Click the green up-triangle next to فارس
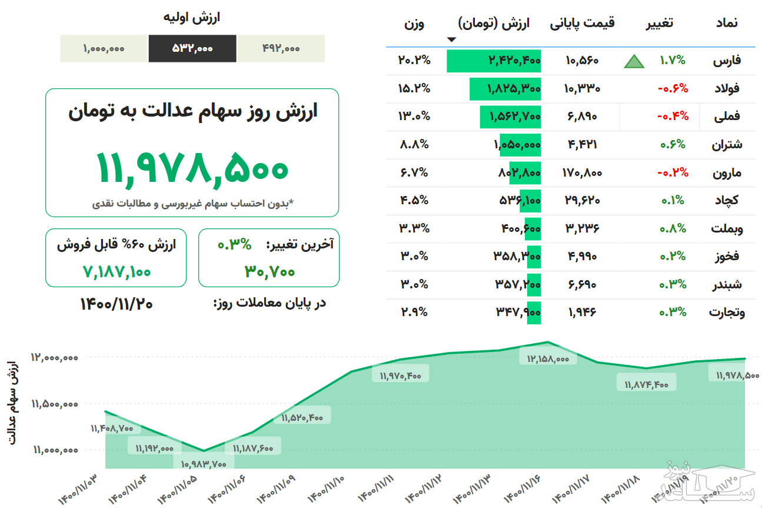tap(634, 61)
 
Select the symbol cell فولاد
tap(726, 89)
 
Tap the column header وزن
tap(414, 24)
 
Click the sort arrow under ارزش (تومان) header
tap(451, 40)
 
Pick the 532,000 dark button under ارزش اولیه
tap(192, 48)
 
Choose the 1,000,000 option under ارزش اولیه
tap(104, 48)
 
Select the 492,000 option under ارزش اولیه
tap(281, 48)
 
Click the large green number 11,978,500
tap(192, 167)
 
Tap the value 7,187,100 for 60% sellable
tap(117, 271)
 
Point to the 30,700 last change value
tap(269, 271)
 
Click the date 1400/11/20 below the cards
tap(117, 303)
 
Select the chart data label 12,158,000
tap(548, 358)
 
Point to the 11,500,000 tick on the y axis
tap(55, 404)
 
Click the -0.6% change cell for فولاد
tap(673, 89)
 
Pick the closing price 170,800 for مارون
tap(582, 173)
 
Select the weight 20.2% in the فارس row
tap(414, 61)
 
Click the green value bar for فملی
tap(510, 117)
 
